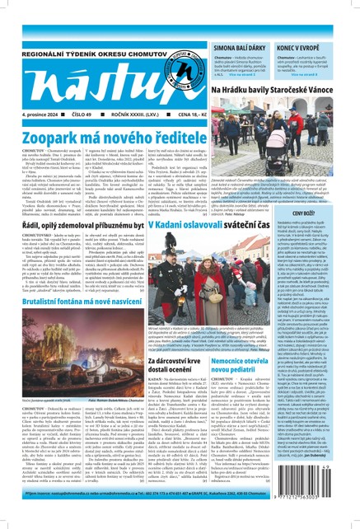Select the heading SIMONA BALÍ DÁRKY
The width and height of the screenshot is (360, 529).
(x=238, y=26)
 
